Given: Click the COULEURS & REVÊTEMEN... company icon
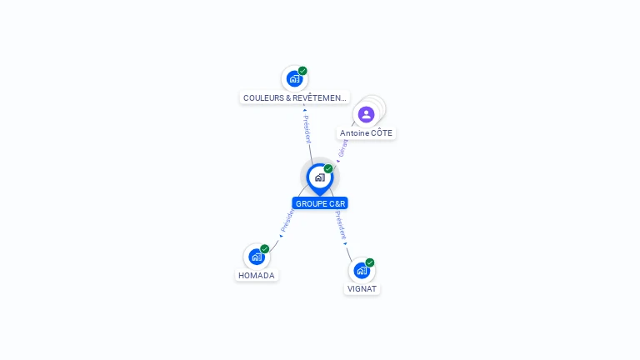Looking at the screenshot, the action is pos(294,79).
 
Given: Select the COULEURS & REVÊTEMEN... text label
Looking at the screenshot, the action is pos(295,98).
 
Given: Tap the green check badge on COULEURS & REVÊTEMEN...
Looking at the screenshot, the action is pos(302,71).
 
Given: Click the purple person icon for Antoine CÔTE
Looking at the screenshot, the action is pos(366,114).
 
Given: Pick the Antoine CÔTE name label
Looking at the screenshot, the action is pos(366,133).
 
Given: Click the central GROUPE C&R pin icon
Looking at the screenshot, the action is pos(319,177).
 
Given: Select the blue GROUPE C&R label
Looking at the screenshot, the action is pos(320,203).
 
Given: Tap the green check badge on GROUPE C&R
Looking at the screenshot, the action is pos(328,169).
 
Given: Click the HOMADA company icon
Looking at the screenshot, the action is pos(257,257).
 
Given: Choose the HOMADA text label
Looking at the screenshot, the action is pos(257,276).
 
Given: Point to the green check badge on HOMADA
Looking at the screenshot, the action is pos(265,248).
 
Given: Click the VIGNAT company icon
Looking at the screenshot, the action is pos(362,271).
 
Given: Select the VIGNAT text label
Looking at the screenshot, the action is pos(362,289).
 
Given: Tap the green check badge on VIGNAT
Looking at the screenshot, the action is pos(370,262).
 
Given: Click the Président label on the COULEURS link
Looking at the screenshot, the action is pos(307,129).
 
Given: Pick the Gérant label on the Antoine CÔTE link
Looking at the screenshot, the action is pos(342,148).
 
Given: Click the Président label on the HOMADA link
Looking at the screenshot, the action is pos(287,220).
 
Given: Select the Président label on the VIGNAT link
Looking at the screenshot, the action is pos(340,224).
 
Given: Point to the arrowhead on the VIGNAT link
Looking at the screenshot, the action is pos(346,243).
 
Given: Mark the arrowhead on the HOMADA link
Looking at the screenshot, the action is pos(281,236).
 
